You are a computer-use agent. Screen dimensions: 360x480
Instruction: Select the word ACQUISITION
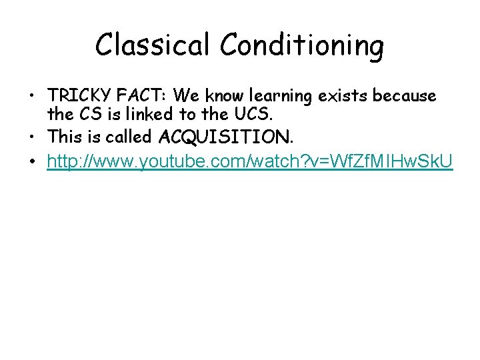(x=225, y=137)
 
